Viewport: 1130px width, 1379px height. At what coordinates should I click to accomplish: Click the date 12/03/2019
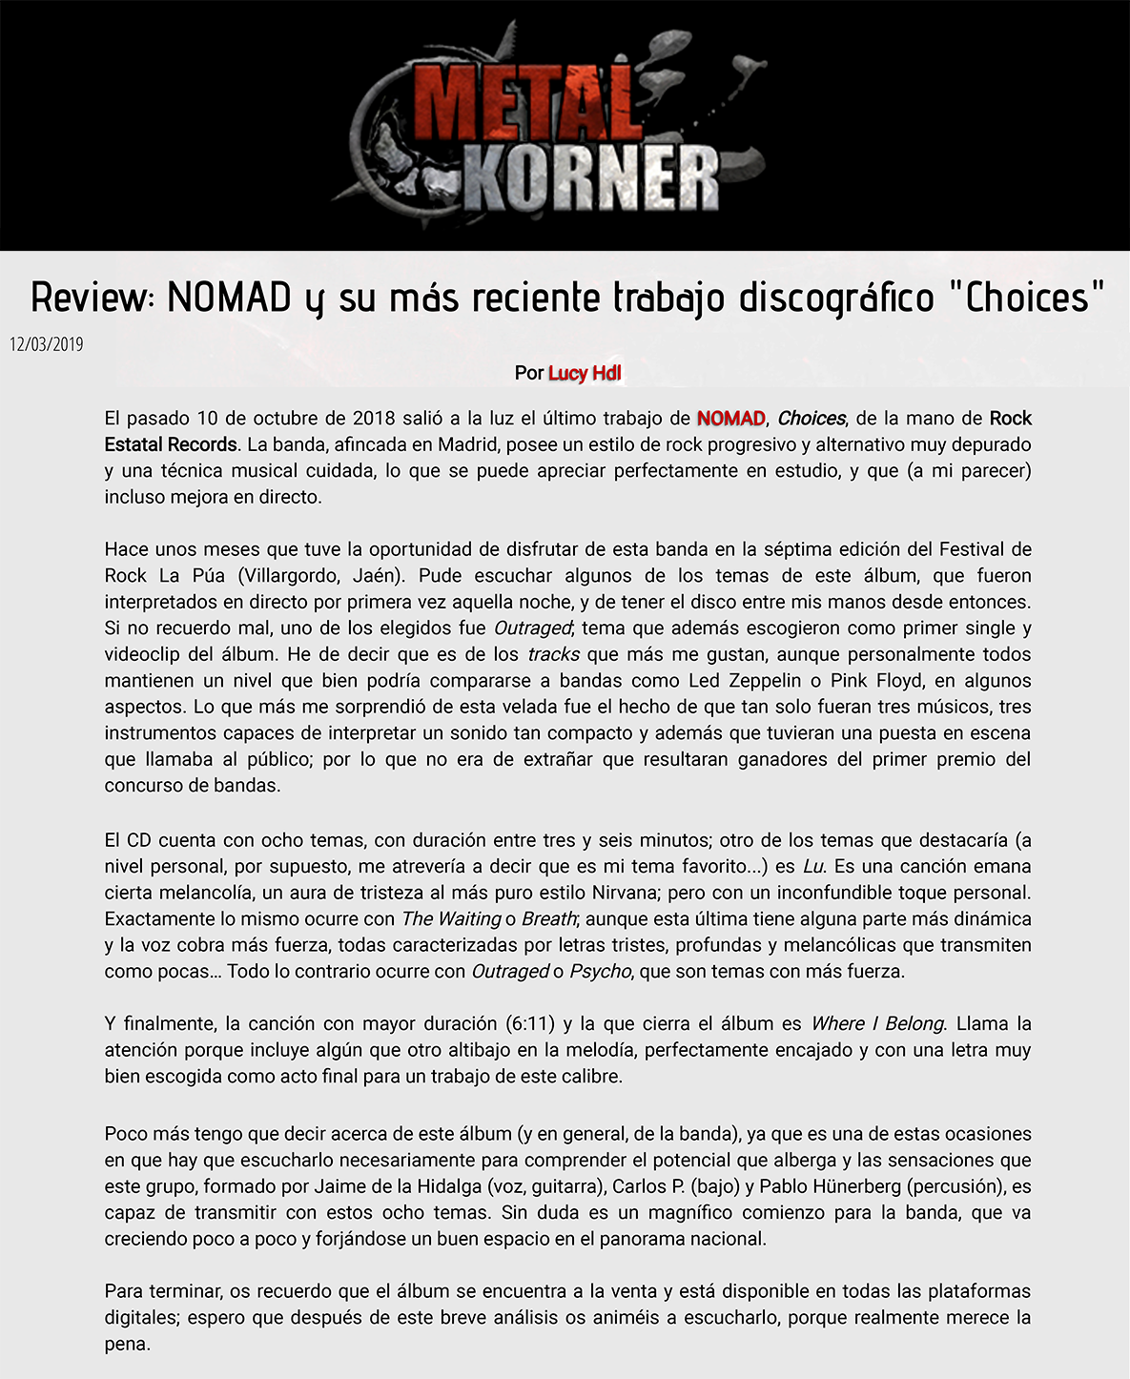click(x=47, y=344)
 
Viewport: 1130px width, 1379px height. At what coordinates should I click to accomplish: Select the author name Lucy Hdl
click(x=585, y=373)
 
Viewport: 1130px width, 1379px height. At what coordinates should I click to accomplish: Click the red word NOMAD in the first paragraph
click(x=730, y=419)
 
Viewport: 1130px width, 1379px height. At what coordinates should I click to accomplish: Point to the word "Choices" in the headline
click(x=1026, y=298)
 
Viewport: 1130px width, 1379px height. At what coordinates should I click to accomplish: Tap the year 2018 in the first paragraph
click(x=375, y=419)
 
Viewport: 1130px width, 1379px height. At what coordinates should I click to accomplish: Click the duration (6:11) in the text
click(x=528, y=1024)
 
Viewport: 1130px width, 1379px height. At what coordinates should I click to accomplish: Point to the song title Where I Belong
click(x=877, y=1024)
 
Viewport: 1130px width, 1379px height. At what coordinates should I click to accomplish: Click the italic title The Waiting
click(x=451, y=919)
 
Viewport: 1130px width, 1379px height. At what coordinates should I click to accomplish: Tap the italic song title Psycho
click(x=600, y=972)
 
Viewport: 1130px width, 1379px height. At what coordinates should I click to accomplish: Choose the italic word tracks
click(x=553, y=655)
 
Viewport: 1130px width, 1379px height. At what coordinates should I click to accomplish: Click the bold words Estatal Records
click(x=171, y=444)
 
